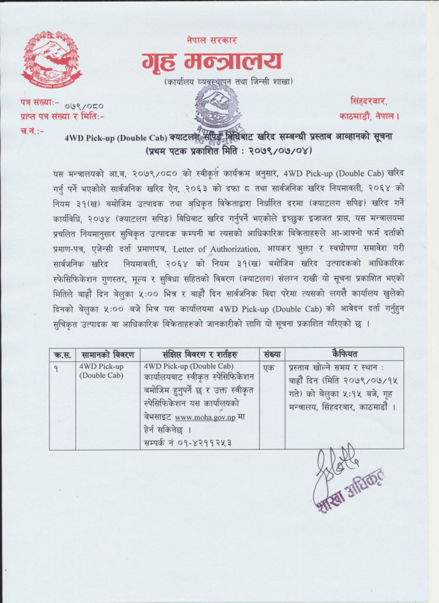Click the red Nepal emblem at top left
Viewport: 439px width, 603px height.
(51, 59)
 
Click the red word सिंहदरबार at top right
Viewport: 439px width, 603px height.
(368, 101)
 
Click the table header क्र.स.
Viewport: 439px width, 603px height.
(62, 354)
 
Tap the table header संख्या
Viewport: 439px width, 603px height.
(272, 354)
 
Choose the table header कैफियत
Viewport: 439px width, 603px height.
(345, 354)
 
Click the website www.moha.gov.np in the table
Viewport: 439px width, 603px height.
(205, 417)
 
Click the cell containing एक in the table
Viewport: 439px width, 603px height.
(269, 368)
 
